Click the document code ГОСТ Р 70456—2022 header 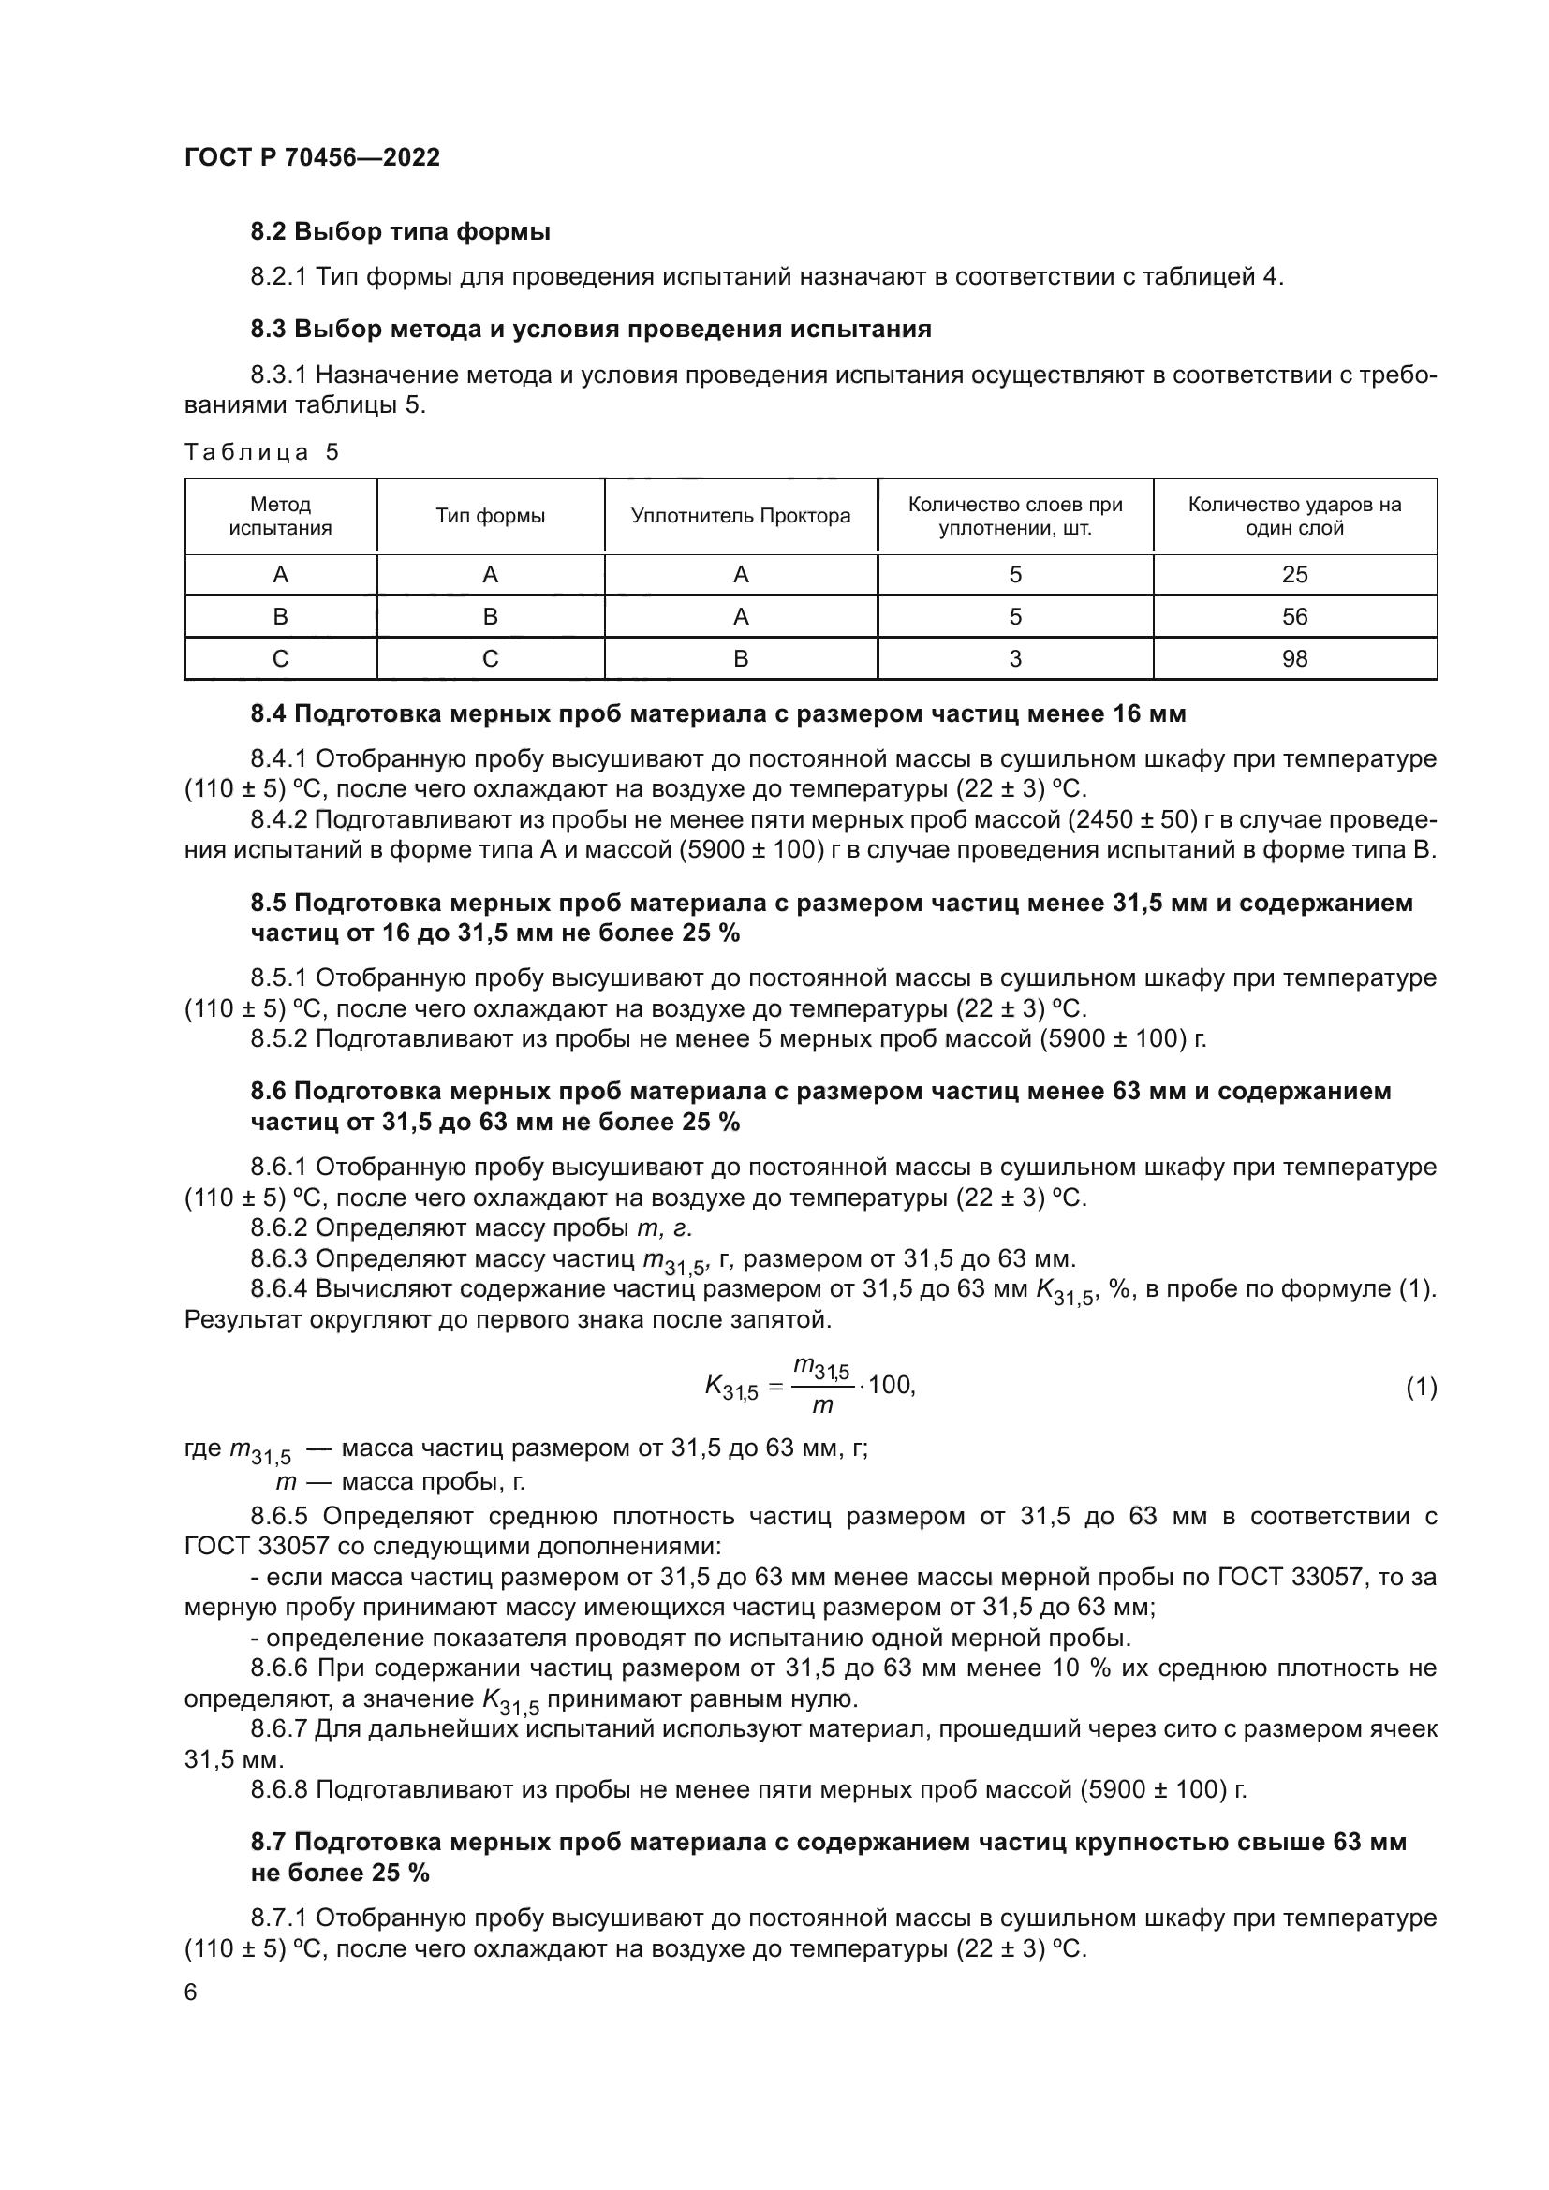312,157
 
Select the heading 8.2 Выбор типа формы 401,232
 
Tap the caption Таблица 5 261,452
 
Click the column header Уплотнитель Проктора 740,516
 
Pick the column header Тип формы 490,516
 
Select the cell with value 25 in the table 1294,574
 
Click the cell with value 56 1294,617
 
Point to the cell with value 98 1294,659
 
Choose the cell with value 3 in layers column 1015,659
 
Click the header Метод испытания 280,516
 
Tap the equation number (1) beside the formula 1421,1388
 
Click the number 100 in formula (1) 890,1385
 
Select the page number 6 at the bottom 191,1992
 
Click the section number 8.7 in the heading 269,1842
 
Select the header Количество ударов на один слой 1294,516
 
